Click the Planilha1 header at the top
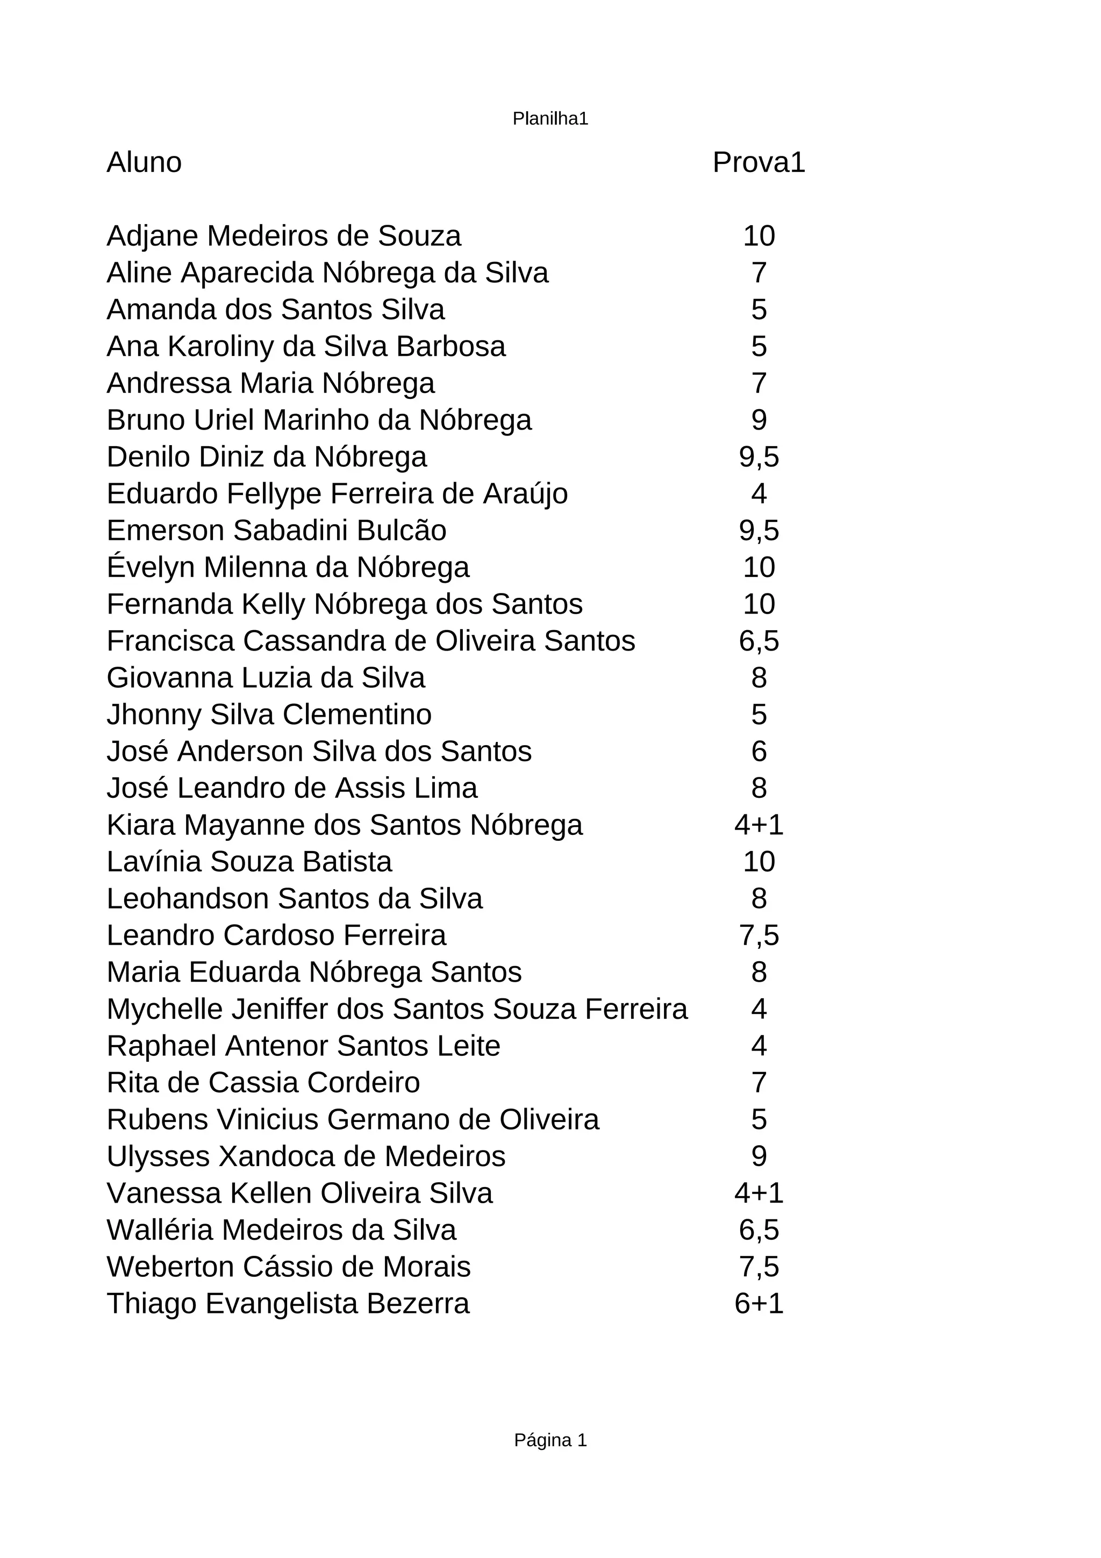click(550, 119)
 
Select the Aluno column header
click(144, 163)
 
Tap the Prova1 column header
click(759, 163)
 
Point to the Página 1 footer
click(550, 1439)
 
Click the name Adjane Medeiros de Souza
click(283, 236)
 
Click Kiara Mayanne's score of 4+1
click(759, 825)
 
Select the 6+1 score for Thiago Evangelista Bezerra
click(759, 1304)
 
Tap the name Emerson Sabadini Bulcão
click(276, 531)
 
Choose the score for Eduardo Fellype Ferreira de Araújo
click(759, 494)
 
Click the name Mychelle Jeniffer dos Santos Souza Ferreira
click(397, 1009)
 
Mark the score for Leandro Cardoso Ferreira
click(759, 936)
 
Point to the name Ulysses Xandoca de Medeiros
click(306, 1156)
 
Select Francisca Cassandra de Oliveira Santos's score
click(759, 641)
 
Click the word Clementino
click(357, 714)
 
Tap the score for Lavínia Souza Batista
click(759, 862)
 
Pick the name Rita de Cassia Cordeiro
click(263, 1083)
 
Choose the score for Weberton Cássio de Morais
click(759, 1267)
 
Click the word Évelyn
click(151, 567)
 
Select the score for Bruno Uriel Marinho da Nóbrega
click(759, 420)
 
